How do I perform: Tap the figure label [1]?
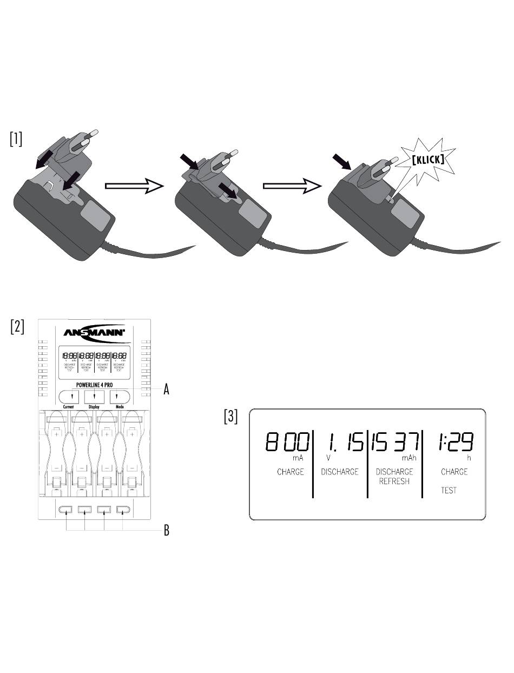click(16, 139)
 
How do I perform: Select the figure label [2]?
click(17, 327)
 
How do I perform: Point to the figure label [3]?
click(231, 417)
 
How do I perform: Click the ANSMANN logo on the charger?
click(94, 333)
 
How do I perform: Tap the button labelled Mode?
click(120, 397)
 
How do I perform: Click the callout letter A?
click(167, 390)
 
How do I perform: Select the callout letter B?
click(167, 531)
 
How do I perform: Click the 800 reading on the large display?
click(288, 443)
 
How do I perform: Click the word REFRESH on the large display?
click(394, 481)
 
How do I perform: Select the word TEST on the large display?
click(449, 490)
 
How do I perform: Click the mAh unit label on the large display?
click(408, 457)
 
